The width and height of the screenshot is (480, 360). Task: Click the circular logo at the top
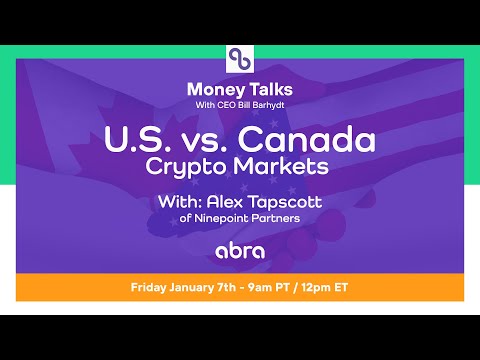pyautogui.click(x=240, y=58)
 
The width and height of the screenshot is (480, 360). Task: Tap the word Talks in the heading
pyautogui.click(x=264, y=90)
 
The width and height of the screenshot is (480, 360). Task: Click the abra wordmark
pyautogui.click(x=240, y=249)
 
